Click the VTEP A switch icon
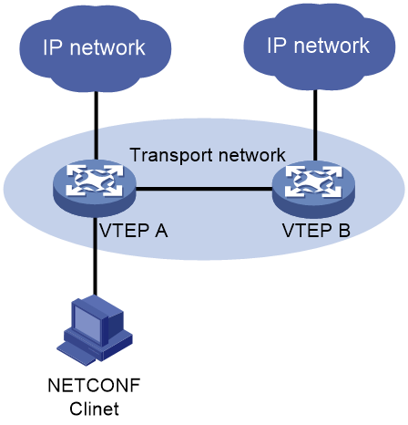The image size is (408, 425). coord(95,188)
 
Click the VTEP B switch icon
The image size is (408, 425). coord(313,189)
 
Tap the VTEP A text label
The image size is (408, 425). coord(134,231)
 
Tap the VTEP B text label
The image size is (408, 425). coord(317,231)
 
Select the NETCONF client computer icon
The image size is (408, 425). coord(95,330)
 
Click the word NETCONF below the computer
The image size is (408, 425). coord(94,385)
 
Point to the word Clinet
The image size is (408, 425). coord(94,409)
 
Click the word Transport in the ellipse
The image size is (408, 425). coord(171,155)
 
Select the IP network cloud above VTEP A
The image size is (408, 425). coord(95,48)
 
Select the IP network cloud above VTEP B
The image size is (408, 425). coord(319,47)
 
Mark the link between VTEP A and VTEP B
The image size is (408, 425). coord(204,189)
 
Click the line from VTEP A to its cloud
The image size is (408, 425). coord(97,125)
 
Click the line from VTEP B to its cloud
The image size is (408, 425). coord(315,125)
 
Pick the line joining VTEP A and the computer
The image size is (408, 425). coord(95,256)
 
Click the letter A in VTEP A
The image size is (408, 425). coord(160,231)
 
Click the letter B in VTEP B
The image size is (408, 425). coord(344,231)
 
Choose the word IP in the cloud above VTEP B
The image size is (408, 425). coord(277,46)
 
